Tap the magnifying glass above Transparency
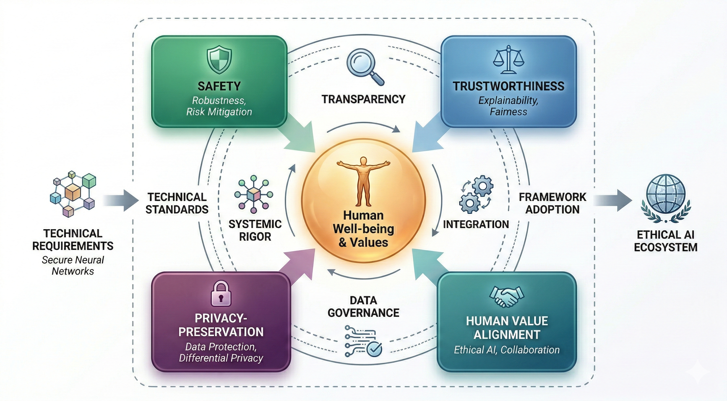point(364,66)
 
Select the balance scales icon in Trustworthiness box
point(508,60)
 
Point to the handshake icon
point(507,297)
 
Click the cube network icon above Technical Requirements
point(73,193)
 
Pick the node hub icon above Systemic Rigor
point(254,194)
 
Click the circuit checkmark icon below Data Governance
point(363,341)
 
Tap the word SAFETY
point(219,86)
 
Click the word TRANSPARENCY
point(363,99)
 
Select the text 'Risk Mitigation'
point(219,112)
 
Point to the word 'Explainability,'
point(508,101)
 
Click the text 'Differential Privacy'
point(221,358)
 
